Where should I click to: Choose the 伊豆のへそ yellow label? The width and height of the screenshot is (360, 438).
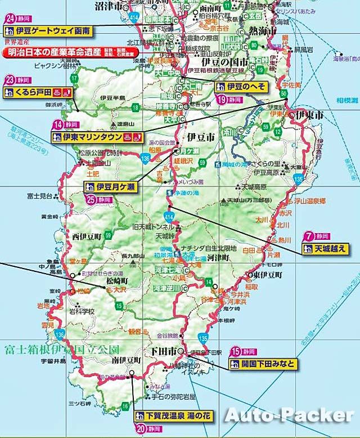click(241, 87)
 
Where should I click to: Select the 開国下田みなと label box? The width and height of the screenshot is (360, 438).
click(263, 364)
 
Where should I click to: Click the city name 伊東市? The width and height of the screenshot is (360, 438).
click(310, 115)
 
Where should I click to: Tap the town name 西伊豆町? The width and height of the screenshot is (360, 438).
click(87, 236)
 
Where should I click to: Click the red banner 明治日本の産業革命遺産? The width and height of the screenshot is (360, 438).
click(57, 52)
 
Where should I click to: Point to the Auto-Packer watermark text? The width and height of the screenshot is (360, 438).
click(290, 415)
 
